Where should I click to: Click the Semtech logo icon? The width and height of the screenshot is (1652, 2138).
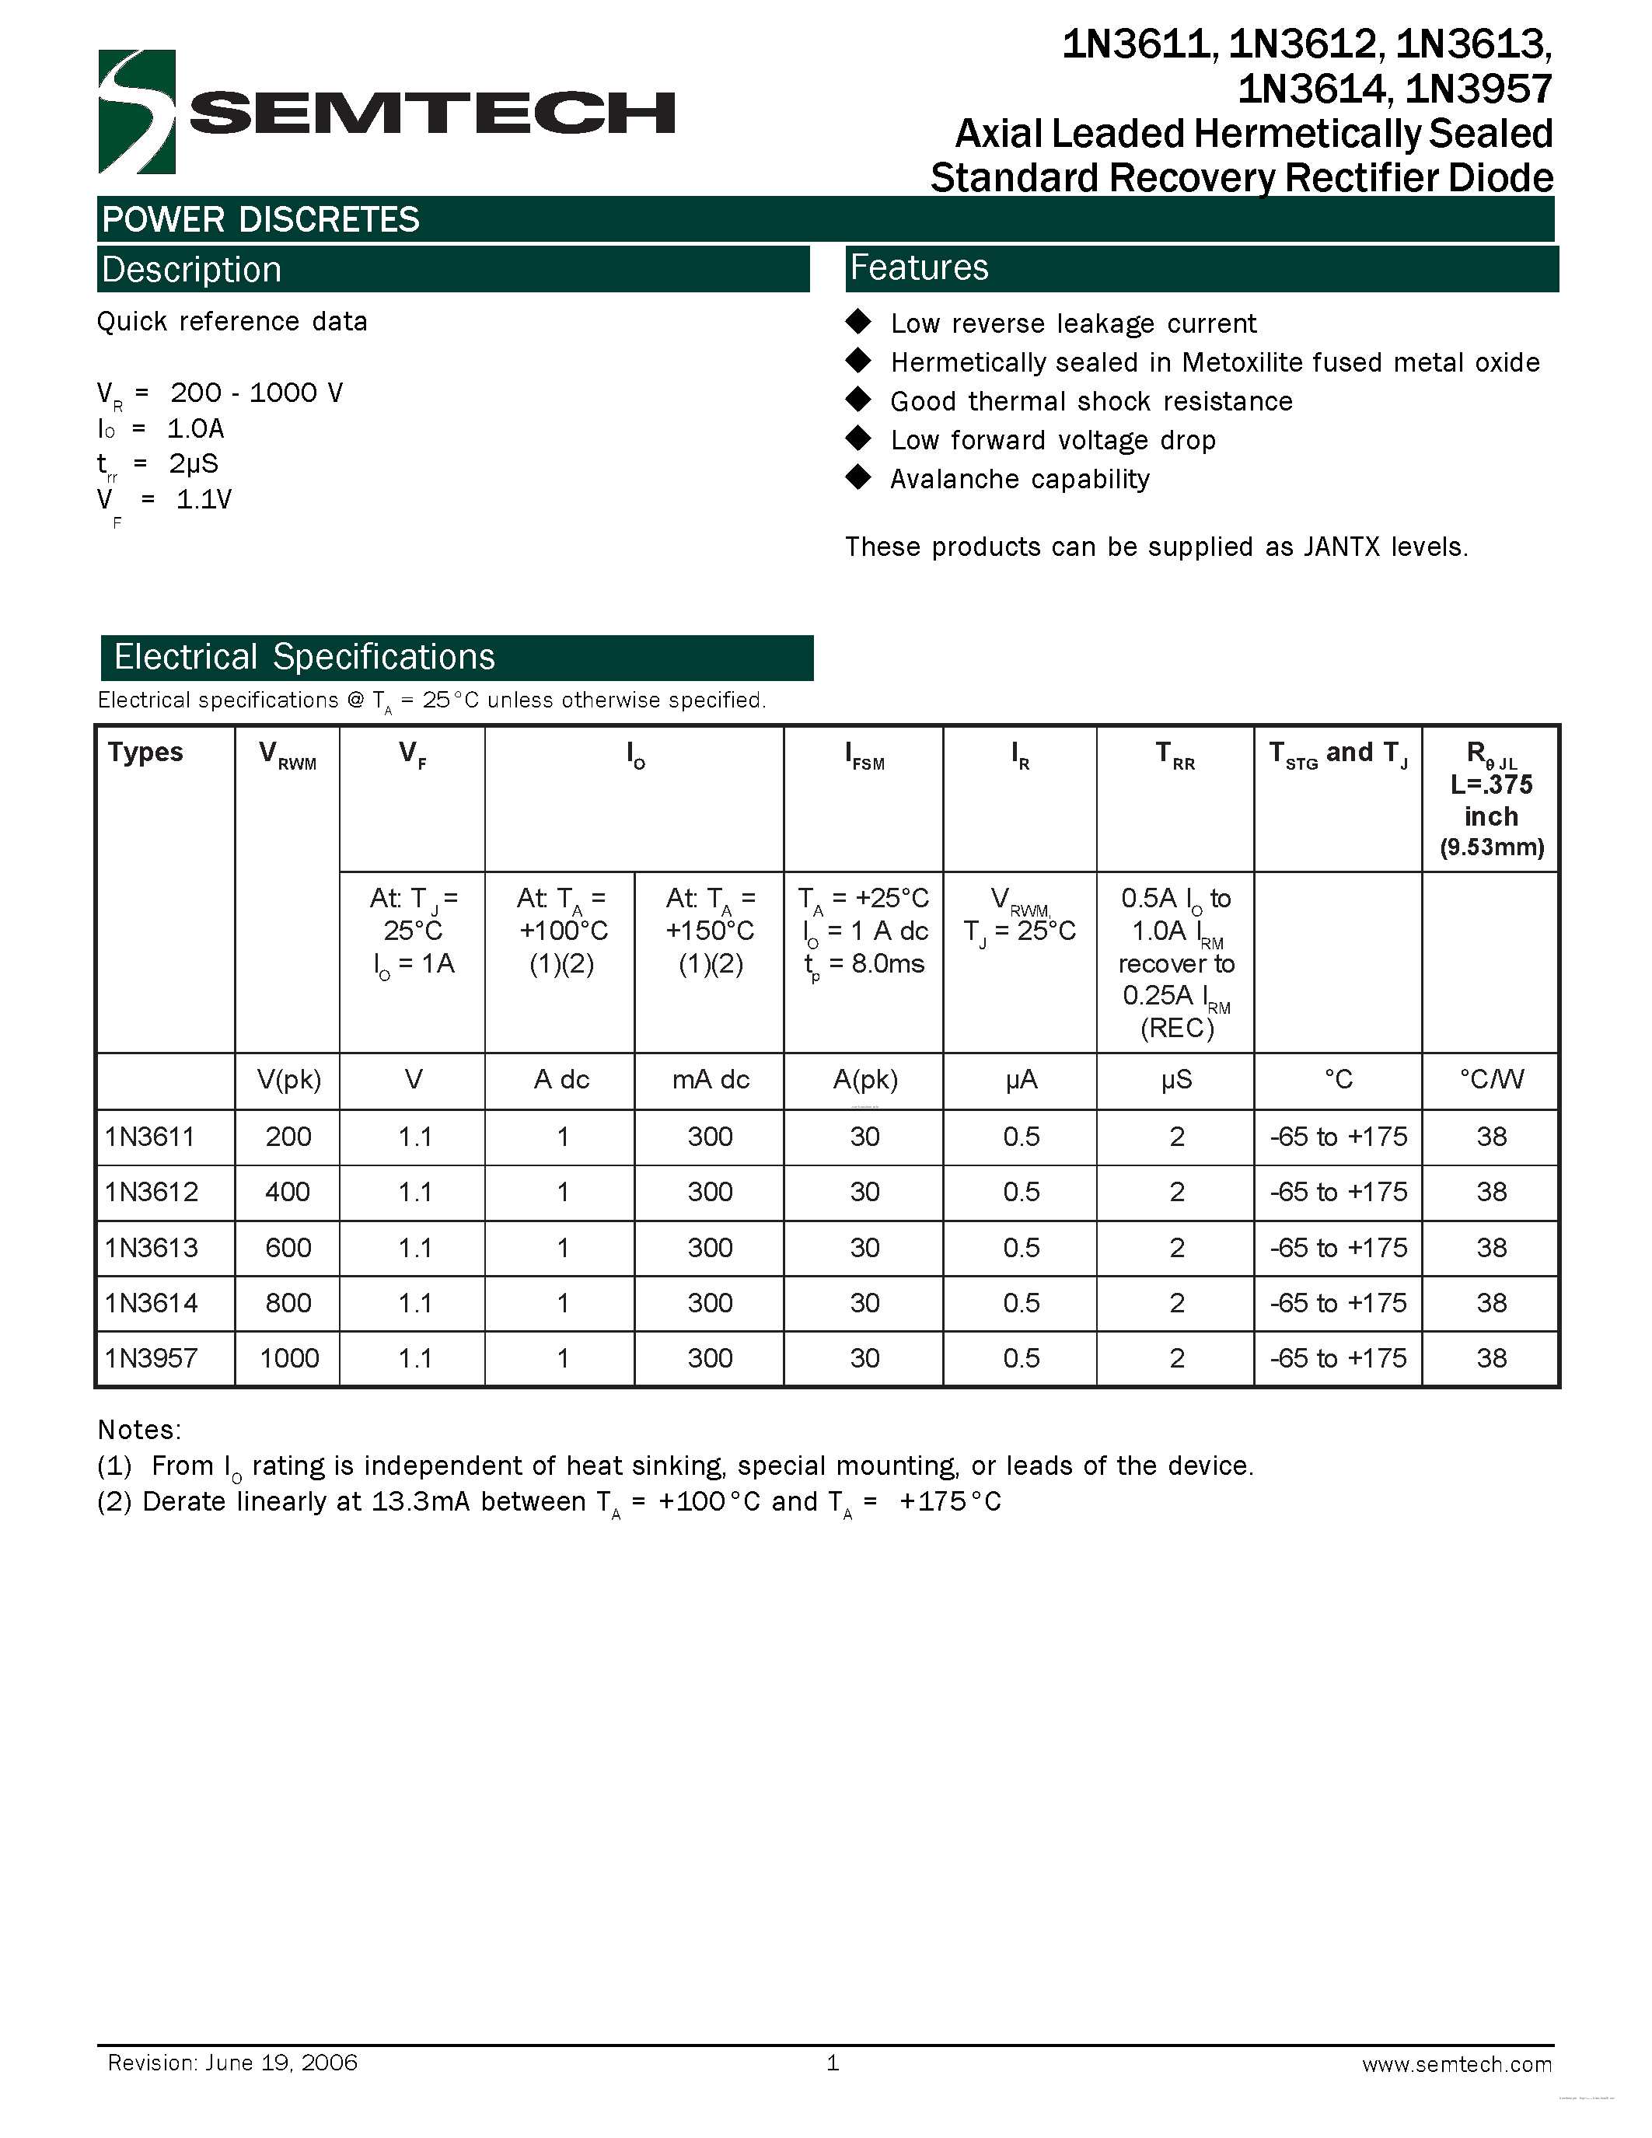coord(137,112)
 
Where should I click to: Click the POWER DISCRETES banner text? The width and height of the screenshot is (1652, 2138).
coord(260,219)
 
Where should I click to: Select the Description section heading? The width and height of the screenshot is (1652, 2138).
coord(192,269)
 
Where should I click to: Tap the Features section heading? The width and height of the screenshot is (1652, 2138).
coord(919,267)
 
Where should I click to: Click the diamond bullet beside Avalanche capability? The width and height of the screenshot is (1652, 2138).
coord(858,477)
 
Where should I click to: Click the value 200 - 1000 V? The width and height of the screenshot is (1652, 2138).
coord(257,393)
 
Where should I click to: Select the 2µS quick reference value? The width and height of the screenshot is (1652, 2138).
coord(194,463)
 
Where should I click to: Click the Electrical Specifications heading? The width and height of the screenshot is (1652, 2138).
coord(305,657)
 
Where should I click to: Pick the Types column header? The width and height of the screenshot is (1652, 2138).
coord(146,752)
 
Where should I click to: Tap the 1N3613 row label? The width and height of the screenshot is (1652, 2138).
coord(152,1247)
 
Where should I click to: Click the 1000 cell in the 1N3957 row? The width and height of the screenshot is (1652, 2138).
coord(288,1357)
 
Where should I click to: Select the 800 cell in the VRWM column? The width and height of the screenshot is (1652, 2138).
coord(288,1303)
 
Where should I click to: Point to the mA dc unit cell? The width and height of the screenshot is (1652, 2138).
coord(710,1080)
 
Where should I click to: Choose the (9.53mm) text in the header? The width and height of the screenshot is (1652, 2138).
coord(1492,847)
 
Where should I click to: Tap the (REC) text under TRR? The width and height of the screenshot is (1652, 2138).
coord(1176,1028)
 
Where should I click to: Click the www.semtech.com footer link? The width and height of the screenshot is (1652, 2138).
coord(1456,2063)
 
